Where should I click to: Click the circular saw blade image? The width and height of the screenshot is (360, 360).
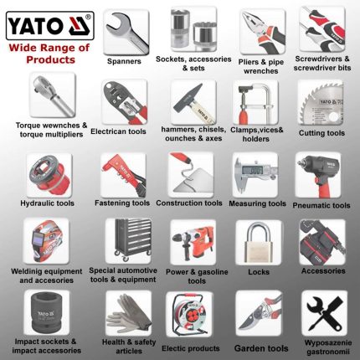[323, 103]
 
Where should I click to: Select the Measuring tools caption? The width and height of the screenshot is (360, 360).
[259, 203]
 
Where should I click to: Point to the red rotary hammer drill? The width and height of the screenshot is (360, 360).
[193, 242]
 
